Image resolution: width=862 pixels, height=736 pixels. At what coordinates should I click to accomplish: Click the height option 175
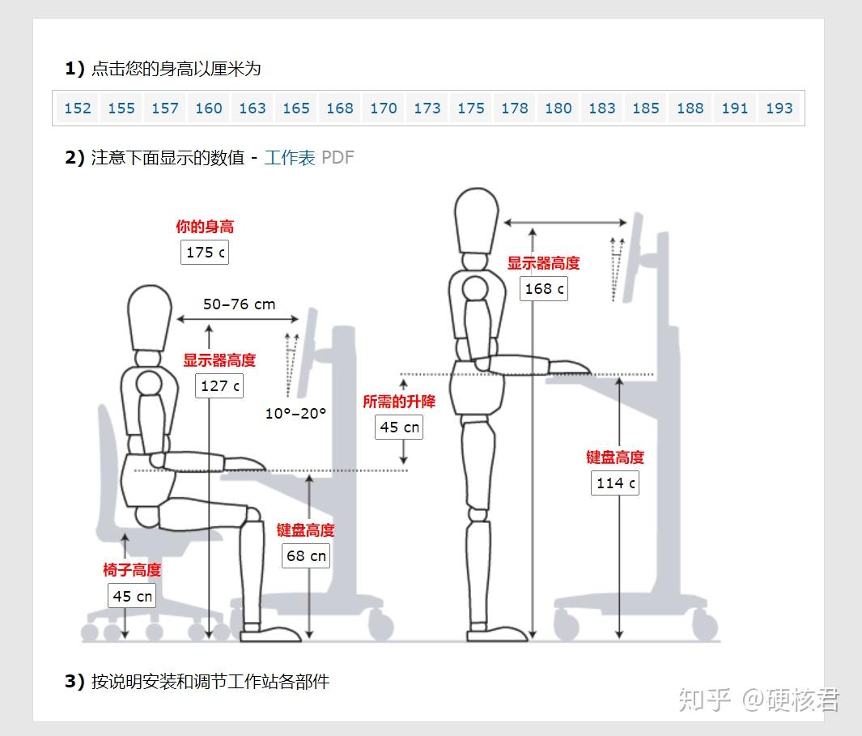(x=471, y=108)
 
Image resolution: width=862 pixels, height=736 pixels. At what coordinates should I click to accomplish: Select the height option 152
(x=78, y=108)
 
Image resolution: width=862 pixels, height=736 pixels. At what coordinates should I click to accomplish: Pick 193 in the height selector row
(x=779, y=108)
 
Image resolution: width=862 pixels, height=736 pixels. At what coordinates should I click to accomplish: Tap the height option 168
(x=340, y=108)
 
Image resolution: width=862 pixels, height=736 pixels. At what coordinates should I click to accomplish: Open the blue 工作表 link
(x=290, y=158)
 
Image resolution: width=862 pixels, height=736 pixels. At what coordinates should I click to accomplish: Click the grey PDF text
(x=338, y=158)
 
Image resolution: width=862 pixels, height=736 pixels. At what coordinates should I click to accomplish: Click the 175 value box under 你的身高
(x=205, y=253)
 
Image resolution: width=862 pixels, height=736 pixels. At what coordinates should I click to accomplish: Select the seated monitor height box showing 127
(x=219, y=385)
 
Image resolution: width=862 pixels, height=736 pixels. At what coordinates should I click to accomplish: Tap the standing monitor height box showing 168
(x=544, y=289)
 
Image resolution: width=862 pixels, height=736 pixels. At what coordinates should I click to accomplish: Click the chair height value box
(x=132, y=596)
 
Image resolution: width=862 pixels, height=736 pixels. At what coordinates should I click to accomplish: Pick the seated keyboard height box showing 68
(x=306, y=555)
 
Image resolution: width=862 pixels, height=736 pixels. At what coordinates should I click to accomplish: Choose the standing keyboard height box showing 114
(x=615, y=483)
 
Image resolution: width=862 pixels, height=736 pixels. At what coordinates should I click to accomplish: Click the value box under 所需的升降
(x=399, y=427)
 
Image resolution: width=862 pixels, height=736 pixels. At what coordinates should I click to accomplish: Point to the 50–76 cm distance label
(x=239, y=304)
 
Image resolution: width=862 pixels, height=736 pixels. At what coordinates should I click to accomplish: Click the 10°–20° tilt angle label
(x=295, y=413)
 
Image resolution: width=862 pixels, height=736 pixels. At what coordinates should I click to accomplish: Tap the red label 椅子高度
(x=132, y=570)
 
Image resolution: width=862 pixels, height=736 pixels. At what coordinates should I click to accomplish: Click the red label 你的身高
(x=205, y=227)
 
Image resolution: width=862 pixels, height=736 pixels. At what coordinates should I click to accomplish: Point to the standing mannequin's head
(x=477, y=221)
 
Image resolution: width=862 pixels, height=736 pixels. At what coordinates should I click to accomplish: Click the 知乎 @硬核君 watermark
(x=759, y=700)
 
